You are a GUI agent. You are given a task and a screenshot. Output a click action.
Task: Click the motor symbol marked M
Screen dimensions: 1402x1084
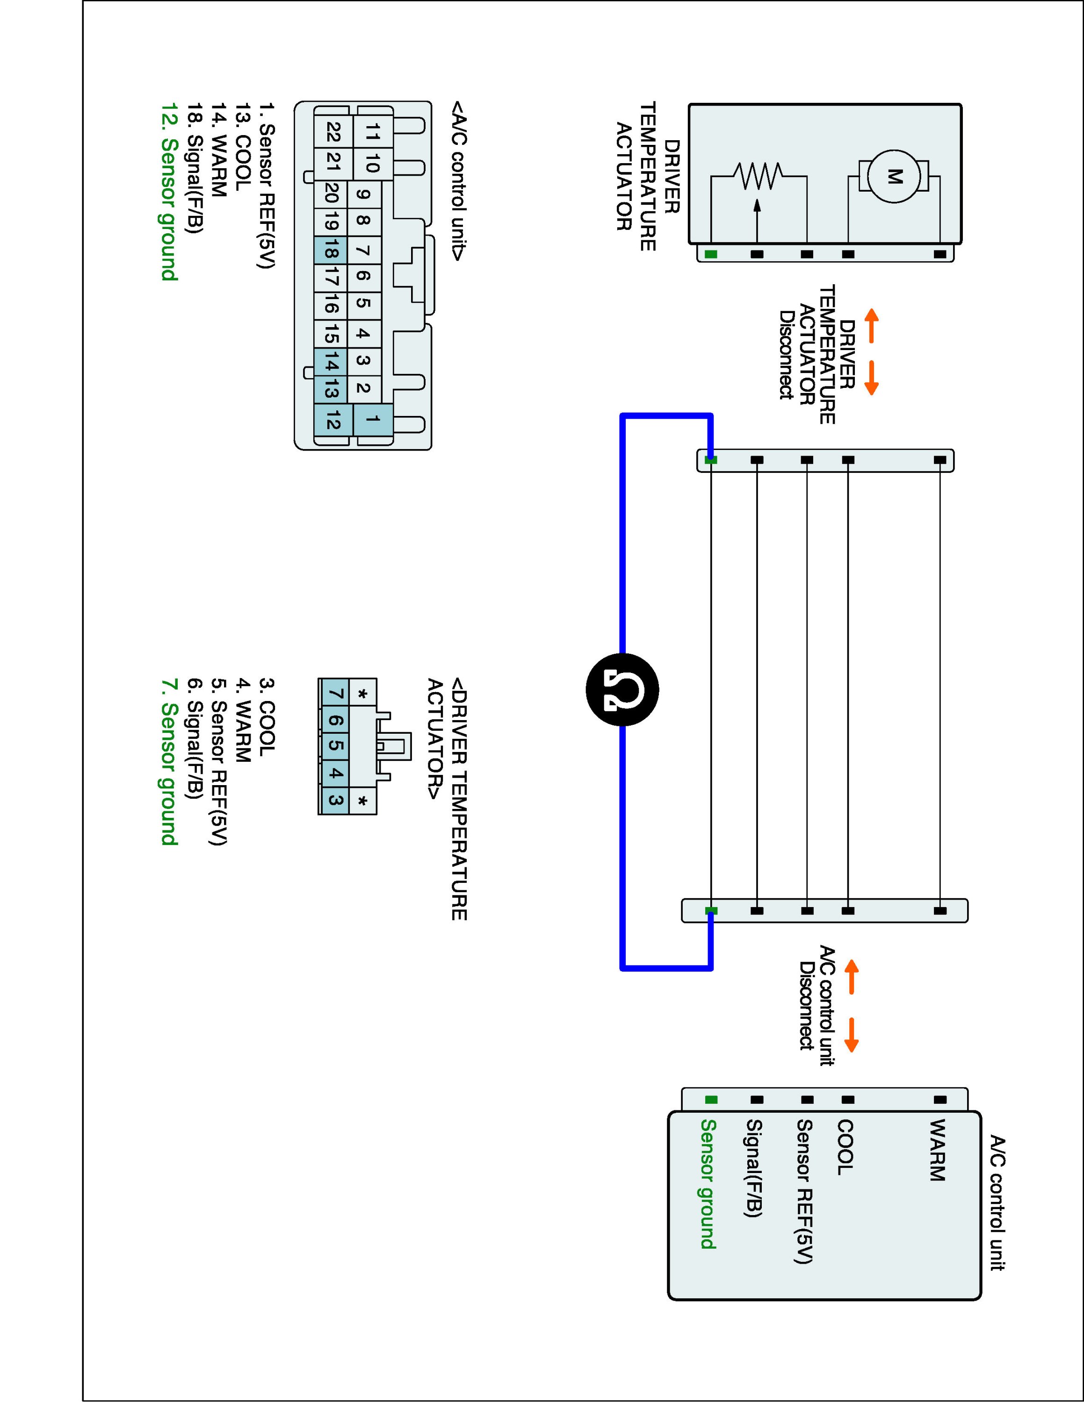pyautogui.click(x=894, y=176)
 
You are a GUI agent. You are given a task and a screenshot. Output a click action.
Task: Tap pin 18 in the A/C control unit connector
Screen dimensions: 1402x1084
pyautogui.click(x=331, y=250)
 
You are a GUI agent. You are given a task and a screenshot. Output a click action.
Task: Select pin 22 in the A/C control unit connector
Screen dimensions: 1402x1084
pyautogui.click(x=332, y=132)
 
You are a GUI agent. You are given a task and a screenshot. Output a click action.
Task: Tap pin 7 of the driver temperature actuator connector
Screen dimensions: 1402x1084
pyautogui.click(x=334, y=694)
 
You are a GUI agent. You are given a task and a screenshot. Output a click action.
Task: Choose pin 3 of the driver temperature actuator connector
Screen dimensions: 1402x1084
pyautogui.click(x=334, y=800)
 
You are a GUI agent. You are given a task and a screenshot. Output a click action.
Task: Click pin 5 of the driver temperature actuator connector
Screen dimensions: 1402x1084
pyautogui.click(x=334, y=746)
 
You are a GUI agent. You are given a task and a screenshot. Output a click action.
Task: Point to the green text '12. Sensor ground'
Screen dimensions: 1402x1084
pyautogui.click(x=168, y=191)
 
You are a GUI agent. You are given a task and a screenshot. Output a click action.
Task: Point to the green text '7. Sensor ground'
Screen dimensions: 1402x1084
pyautogui.click(x=168, y=761)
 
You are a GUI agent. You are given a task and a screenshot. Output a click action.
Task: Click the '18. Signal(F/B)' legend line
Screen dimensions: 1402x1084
pyautogui.click(x=195, y=168)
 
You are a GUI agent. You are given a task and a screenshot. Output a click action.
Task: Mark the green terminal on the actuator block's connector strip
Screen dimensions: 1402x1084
pyautogui.click(x=710, y=254)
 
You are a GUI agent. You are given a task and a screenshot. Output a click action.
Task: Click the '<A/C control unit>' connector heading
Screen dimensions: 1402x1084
pyautogui.click(x=458, y=180)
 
